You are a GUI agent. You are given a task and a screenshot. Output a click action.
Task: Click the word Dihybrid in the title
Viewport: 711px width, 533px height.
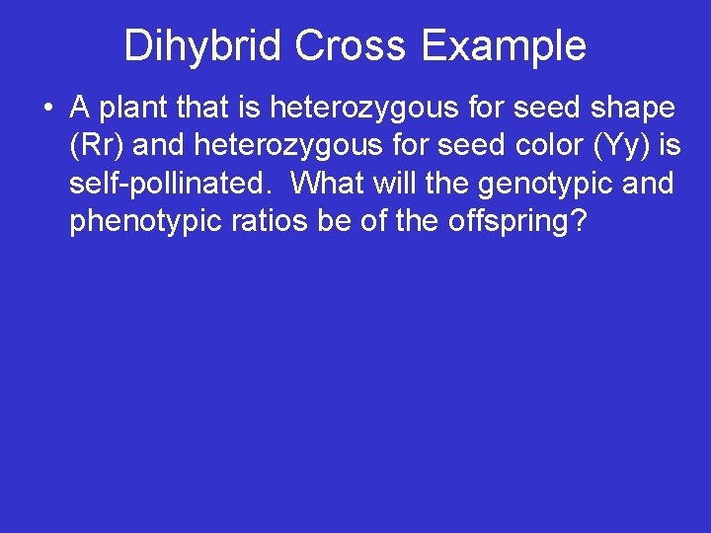tap(202, 45)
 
